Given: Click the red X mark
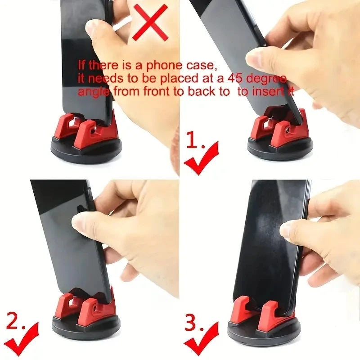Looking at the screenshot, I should pos(150,22).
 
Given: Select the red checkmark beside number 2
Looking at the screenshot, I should pos(20,340).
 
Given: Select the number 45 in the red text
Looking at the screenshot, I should pos(236,79).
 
